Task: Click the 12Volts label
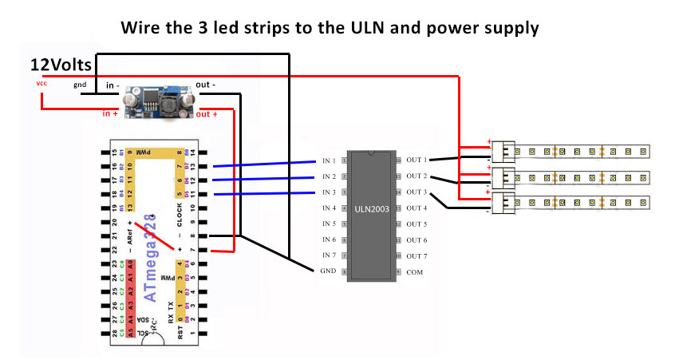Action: pyautogui.click(x=61, y=63)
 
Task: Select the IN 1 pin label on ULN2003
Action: pyautogui.click(x=328, y=160)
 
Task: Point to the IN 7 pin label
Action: pyautogui.click(x=328, y=255)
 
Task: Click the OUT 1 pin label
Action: pyautogui.click(x=416, y=160)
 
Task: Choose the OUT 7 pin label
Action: pyautogui.click(x=416, y=255)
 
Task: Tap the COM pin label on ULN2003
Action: pyautogui.click(x=415, y=271)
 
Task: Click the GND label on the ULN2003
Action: pyautogui.click(x=327, y=271)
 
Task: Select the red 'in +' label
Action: pyautogui.click(x=111, y=114)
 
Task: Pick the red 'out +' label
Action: pyautogui.click(x=207, y=114)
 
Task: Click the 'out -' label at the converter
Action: pyautogui.click(x=206, y=85)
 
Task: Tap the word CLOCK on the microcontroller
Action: pyautogui.click(x=180, y=216)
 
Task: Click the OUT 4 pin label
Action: pyautogui.click(x=416, y=208)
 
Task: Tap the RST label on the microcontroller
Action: pyautogui.click(x=181, y=330)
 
